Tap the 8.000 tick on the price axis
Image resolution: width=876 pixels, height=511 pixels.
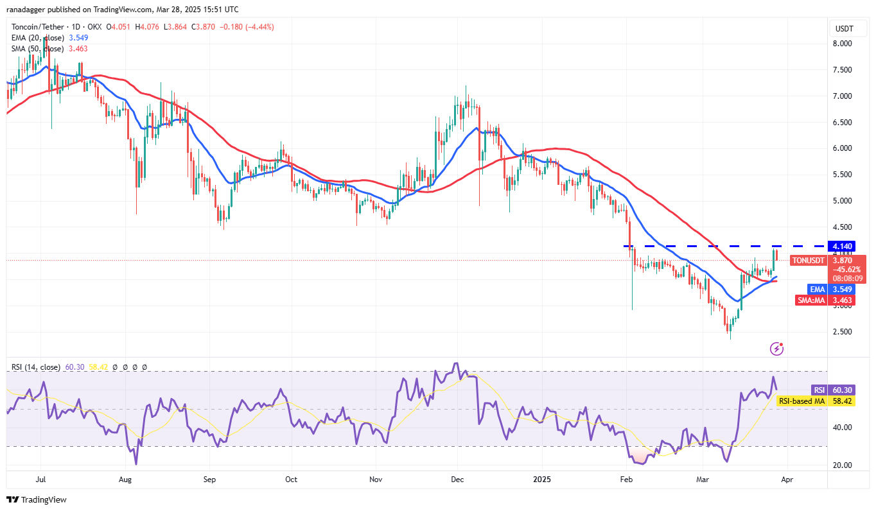click(x=841, y=44)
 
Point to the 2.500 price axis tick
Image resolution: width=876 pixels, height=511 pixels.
click(x=841, y=332)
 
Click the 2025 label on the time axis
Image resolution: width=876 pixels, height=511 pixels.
click(x=542, y=479)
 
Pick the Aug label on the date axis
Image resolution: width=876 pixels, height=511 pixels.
click(x=125, y=479)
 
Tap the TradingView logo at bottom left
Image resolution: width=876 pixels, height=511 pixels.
click(x=37, y=499)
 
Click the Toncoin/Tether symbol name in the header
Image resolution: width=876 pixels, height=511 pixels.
click(x=39, y=27)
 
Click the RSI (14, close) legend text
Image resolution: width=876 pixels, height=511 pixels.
click(x=36, y=367)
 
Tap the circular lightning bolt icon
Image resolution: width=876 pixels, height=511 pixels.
click(x=776, y=349)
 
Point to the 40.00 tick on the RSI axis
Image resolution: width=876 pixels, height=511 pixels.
click(x=841, y=428)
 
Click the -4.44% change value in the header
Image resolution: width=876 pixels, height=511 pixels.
click(x=256, y=27)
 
